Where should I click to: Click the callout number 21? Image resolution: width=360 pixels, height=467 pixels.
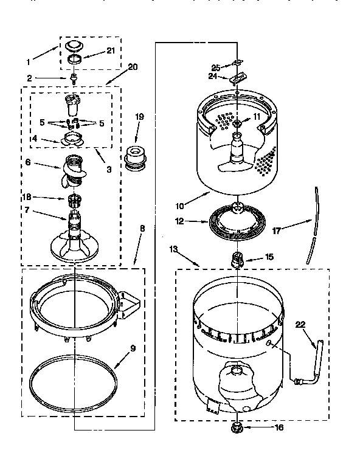(111, 50)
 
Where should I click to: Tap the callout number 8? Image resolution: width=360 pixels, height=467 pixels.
(142, 228)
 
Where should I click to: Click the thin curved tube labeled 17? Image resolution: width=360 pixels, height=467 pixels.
(313, 225)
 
